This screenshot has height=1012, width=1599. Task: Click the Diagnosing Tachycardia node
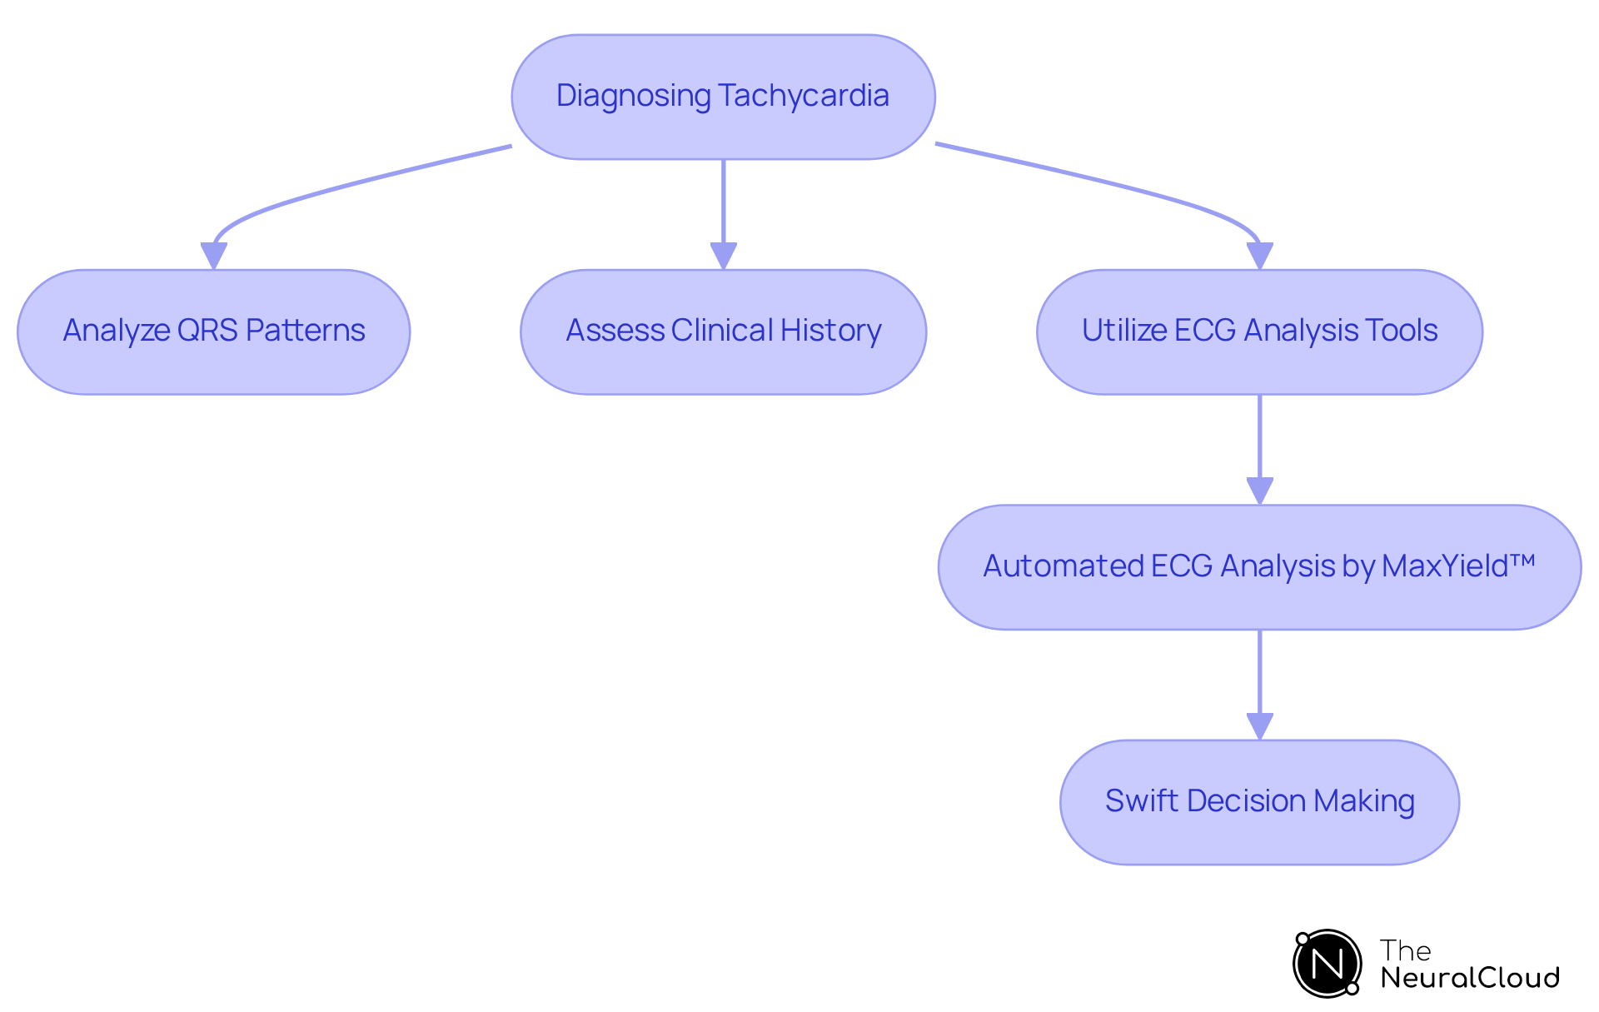(723, 97)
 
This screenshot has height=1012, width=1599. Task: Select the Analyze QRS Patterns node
(213, 332)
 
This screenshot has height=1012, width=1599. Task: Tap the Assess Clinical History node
(723, 332)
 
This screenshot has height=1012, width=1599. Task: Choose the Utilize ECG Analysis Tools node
(1259, 332)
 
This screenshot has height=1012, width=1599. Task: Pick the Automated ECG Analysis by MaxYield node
(1259, 566)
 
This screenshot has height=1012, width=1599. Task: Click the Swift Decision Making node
(1259, 801)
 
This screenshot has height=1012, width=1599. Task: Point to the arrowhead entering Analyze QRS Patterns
(214, 256)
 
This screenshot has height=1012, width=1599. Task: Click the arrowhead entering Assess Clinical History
(723, 256)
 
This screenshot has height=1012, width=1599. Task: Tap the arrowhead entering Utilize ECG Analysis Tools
(1259, 256)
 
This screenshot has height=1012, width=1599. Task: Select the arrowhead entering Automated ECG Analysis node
(1259, 491)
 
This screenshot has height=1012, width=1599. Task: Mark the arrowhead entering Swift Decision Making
(1259, 726)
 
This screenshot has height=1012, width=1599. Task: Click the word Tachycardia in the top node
(804, 96)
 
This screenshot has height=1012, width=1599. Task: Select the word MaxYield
(1445, 566)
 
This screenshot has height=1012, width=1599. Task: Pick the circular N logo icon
(1327, 964)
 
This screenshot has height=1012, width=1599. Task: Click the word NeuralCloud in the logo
(1470, 978)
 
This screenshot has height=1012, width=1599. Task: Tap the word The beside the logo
(1405, 950)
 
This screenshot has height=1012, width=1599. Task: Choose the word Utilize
(1124, 331)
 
